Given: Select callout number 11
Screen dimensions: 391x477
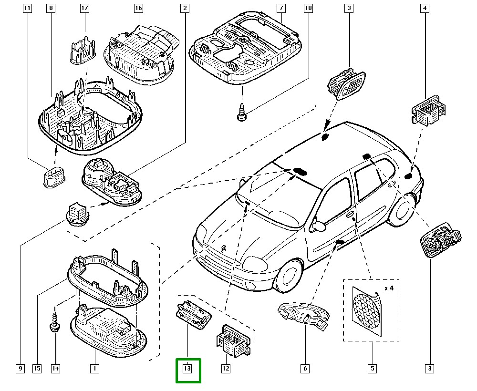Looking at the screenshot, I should click(x=27, y=8).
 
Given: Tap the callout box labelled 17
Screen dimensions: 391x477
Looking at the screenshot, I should click(x=84, y=8).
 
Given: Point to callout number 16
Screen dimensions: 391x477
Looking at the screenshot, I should click(x=138, y=8).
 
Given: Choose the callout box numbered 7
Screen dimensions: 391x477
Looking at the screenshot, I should click(x=281, y=8).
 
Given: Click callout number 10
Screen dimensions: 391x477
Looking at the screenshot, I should click(x=308, y=8).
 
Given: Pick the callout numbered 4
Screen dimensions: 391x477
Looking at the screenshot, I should click(x=425, y=8).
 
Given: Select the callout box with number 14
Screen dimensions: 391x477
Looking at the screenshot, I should click(x=56, y=368).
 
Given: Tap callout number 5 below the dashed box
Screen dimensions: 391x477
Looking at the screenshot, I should click(x=372, y=368).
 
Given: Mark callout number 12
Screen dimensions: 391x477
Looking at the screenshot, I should click(x=226, y=368).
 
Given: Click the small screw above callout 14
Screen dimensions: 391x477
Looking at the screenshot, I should click(x=55, y=322).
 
